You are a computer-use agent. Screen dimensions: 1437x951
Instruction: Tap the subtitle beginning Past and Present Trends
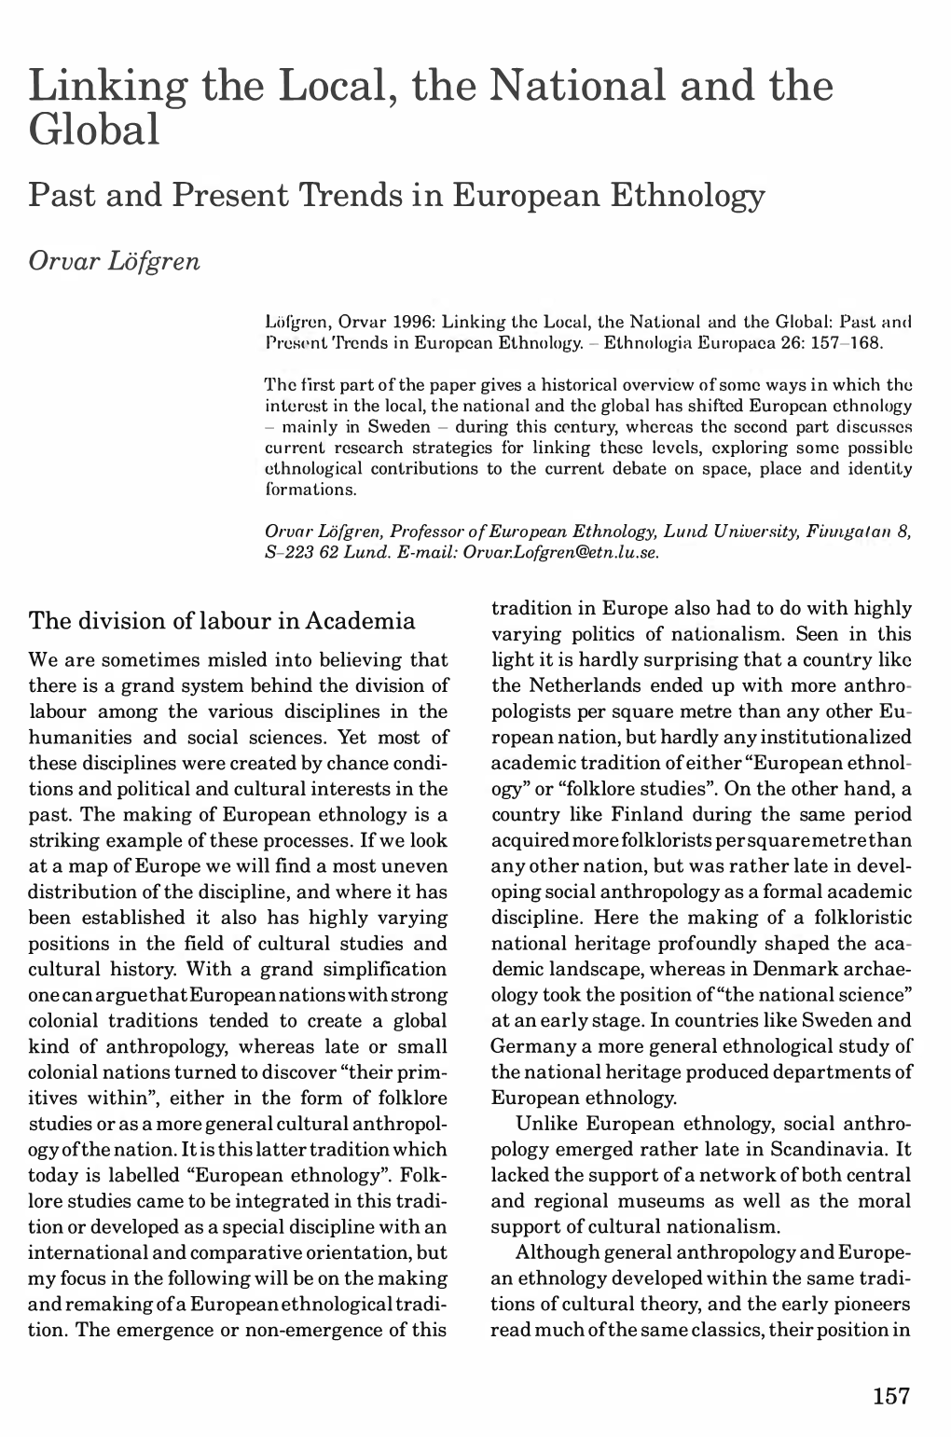coord(397,194)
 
